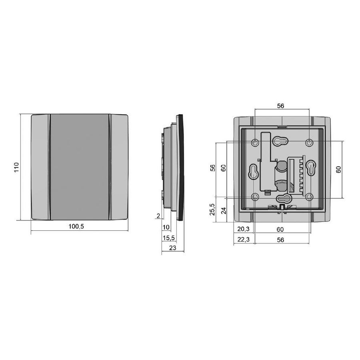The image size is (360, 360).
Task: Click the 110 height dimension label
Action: point(17,167)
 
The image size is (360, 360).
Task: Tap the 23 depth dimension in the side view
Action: point(173,248)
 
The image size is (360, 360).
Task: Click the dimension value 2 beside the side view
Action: point(158,216)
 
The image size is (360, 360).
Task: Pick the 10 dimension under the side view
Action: point(166,227)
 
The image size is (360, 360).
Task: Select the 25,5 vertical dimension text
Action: point(213,209)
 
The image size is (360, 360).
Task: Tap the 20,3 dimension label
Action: point(243,229)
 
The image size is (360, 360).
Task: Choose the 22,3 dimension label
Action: point(243,240)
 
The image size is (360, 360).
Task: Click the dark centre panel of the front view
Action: point(80,167)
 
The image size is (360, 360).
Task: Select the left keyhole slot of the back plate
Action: point(253,171)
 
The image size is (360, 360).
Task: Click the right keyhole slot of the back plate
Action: point(311,168)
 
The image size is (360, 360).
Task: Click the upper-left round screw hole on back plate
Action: point(256,142)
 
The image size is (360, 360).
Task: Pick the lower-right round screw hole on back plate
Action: point(309,196)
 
